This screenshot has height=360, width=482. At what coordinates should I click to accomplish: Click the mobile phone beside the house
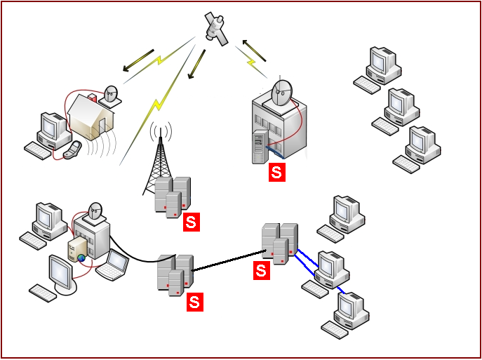72,149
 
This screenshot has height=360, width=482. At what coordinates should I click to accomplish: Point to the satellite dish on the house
112,94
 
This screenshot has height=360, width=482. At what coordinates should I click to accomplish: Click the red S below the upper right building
278,173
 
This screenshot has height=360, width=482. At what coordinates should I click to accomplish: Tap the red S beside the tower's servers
191,222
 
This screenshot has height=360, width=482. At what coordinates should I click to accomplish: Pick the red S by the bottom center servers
194,302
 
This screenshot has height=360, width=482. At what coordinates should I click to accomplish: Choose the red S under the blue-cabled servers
262,270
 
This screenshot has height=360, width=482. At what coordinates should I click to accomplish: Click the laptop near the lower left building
114,265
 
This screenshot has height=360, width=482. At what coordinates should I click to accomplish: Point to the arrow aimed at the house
138,60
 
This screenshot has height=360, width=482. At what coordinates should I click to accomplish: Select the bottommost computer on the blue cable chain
348,313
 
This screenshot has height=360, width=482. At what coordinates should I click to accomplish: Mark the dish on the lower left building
96,211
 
